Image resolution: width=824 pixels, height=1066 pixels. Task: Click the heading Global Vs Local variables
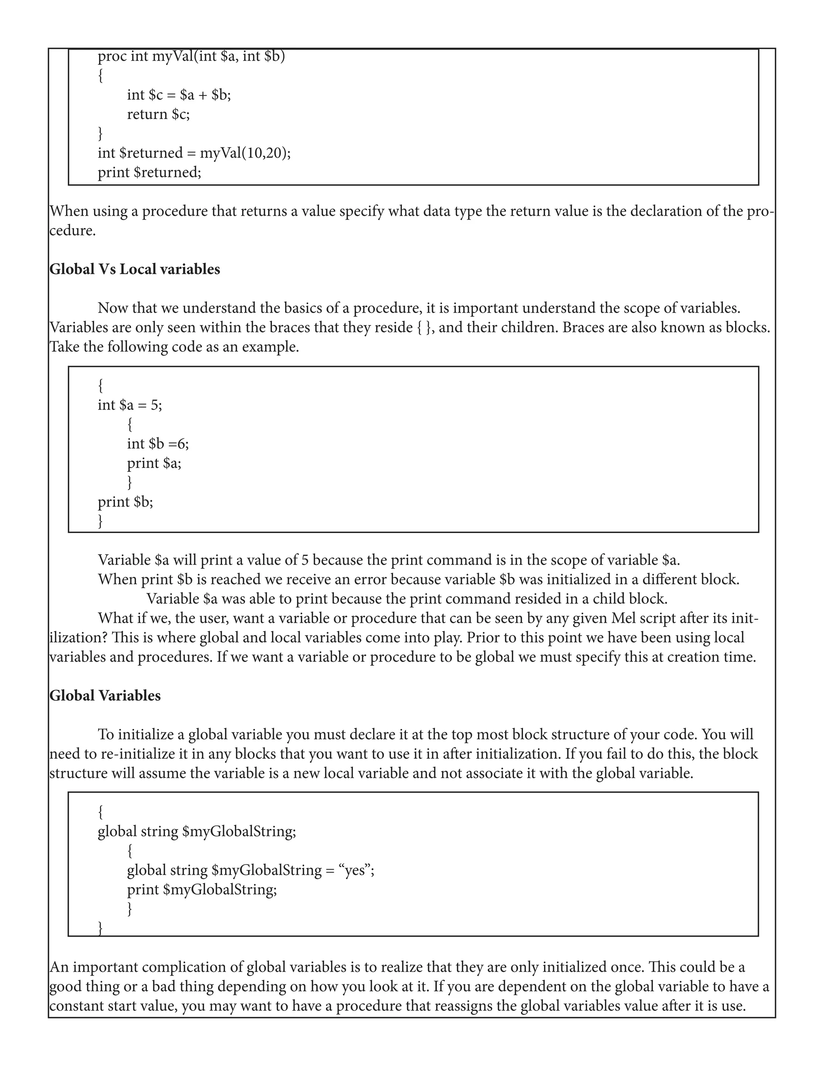135,270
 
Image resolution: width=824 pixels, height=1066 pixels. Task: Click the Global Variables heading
105,696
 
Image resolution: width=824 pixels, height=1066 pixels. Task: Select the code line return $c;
158,114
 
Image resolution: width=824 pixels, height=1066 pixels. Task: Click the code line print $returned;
149,172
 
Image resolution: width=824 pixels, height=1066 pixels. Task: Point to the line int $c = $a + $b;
179,95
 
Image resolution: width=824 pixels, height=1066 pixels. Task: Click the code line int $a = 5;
130,405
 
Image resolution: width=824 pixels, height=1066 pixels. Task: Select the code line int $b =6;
158,444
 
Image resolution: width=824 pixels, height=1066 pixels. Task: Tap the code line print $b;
126,502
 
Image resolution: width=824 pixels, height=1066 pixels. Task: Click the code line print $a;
154,463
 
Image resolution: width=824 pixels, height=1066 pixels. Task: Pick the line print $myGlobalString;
202,889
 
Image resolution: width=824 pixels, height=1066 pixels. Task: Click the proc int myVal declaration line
191,57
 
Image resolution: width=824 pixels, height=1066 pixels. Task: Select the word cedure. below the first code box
73,231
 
